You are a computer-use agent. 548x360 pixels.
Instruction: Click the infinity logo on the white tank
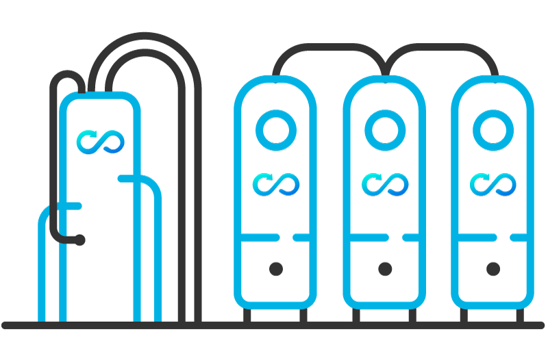click(x=101, y=140)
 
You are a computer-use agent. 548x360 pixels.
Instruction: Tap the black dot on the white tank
click(x=80, y=240)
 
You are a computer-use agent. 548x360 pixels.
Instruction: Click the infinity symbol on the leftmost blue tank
click(x=275, y=184)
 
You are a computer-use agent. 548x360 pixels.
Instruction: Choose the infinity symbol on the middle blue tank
click(x=384, y=184)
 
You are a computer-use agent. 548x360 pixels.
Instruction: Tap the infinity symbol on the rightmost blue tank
click(x=493, y=184)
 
